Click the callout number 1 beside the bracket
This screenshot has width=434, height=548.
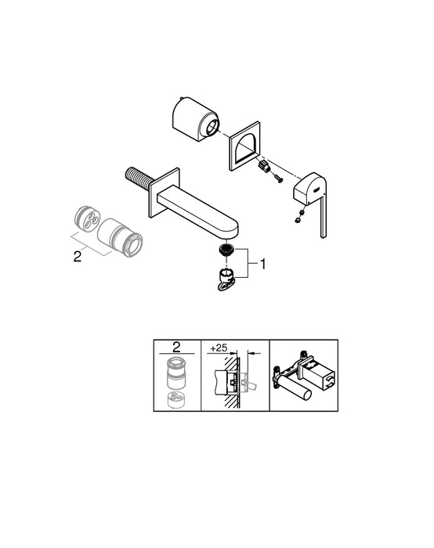(x=263, y=265)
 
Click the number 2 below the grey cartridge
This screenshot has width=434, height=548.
(x=77, y=256)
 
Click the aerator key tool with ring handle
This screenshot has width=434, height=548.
(x=224, y=280)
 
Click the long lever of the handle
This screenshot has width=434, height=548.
(x=324, y=217)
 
